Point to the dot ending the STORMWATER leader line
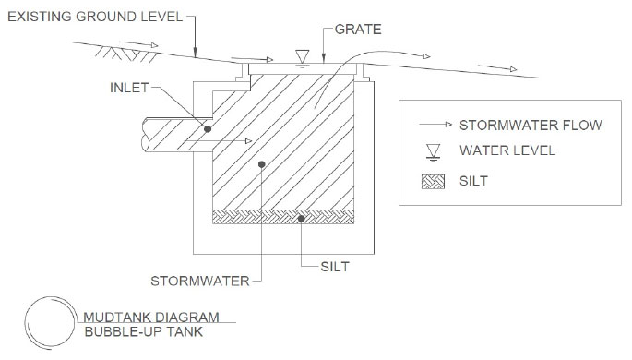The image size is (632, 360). pos(262,164)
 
